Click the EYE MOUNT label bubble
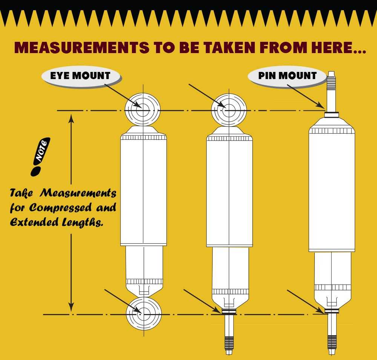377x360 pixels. point(81,76)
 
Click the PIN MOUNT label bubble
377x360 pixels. point(287,76)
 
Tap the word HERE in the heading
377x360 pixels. point(331,47)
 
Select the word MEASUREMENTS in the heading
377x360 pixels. point(82,47)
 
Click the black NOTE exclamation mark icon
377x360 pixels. point(40,157)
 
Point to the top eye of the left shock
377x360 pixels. point(143,110)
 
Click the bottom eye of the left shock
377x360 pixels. point(144,313)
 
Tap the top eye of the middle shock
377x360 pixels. point(229,110)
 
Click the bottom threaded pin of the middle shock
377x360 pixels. point(229,334)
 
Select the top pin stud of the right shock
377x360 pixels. point(331,91)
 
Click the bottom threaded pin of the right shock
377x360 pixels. point(332,334)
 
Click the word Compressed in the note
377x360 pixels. point(60,208)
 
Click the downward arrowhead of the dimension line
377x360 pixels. point(71,307)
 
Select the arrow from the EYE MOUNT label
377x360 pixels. point(123,96)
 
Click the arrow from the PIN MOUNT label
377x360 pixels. point(306,96)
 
